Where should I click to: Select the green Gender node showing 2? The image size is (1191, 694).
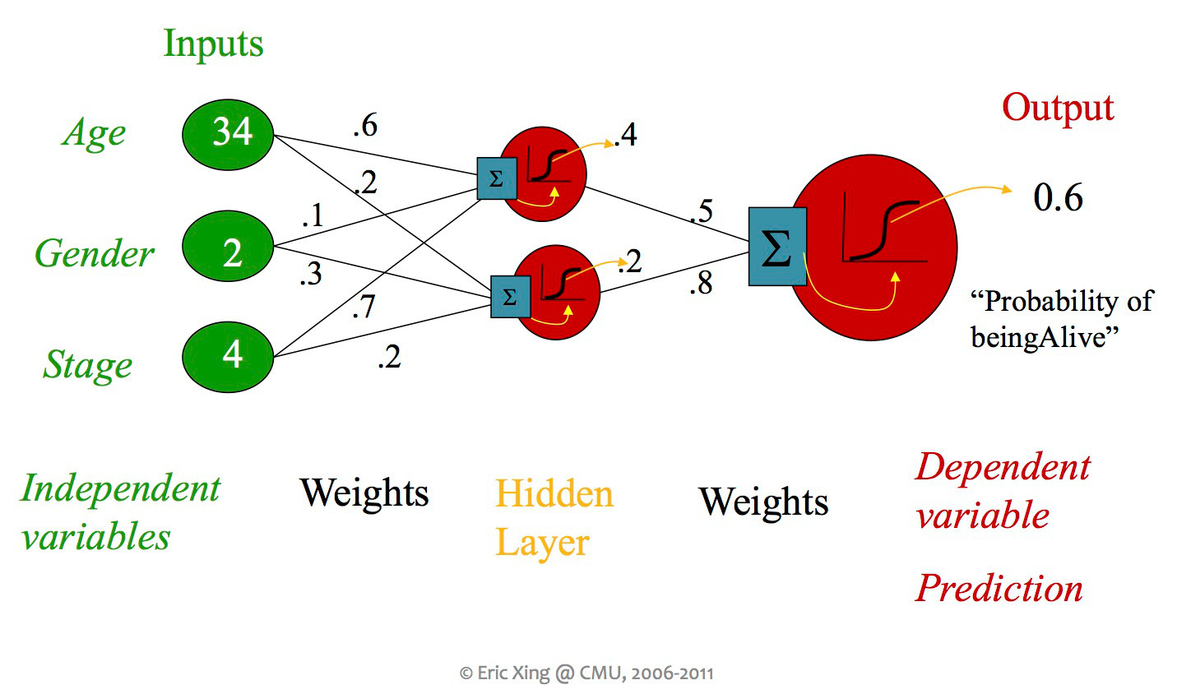(228, 248)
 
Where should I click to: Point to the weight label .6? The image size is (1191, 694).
(365, 126)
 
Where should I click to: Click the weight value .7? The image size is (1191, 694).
(363, 307)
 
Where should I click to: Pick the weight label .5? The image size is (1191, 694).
(701, 212)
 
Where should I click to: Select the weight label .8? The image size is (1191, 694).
(701, 284)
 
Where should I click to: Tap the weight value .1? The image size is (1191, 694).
(313, 216)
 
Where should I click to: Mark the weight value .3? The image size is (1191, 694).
(311, 275)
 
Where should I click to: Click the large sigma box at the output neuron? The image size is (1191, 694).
(777, 247)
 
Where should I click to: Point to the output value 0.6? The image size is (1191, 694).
(1058, 198)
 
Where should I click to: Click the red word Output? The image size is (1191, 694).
(1058, 109)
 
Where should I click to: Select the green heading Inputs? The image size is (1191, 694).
(213, 44)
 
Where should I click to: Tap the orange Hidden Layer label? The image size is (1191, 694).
(554, 518)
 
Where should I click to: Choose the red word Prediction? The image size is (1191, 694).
(999, 589)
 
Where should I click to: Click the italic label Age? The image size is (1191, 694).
(95, 133)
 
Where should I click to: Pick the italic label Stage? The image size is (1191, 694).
(88, 365)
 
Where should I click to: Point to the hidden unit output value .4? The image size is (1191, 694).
(626, 135)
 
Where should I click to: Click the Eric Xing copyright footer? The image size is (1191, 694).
(586, 673)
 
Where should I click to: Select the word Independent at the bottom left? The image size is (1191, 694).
(121, 488)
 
